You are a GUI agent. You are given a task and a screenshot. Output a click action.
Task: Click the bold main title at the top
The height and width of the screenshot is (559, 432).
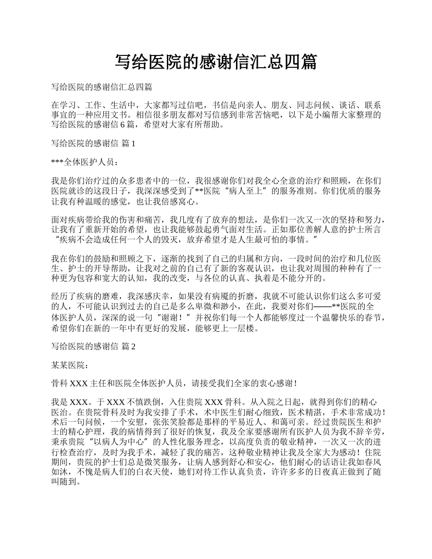pyautogui.click(x=216, y=62)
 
